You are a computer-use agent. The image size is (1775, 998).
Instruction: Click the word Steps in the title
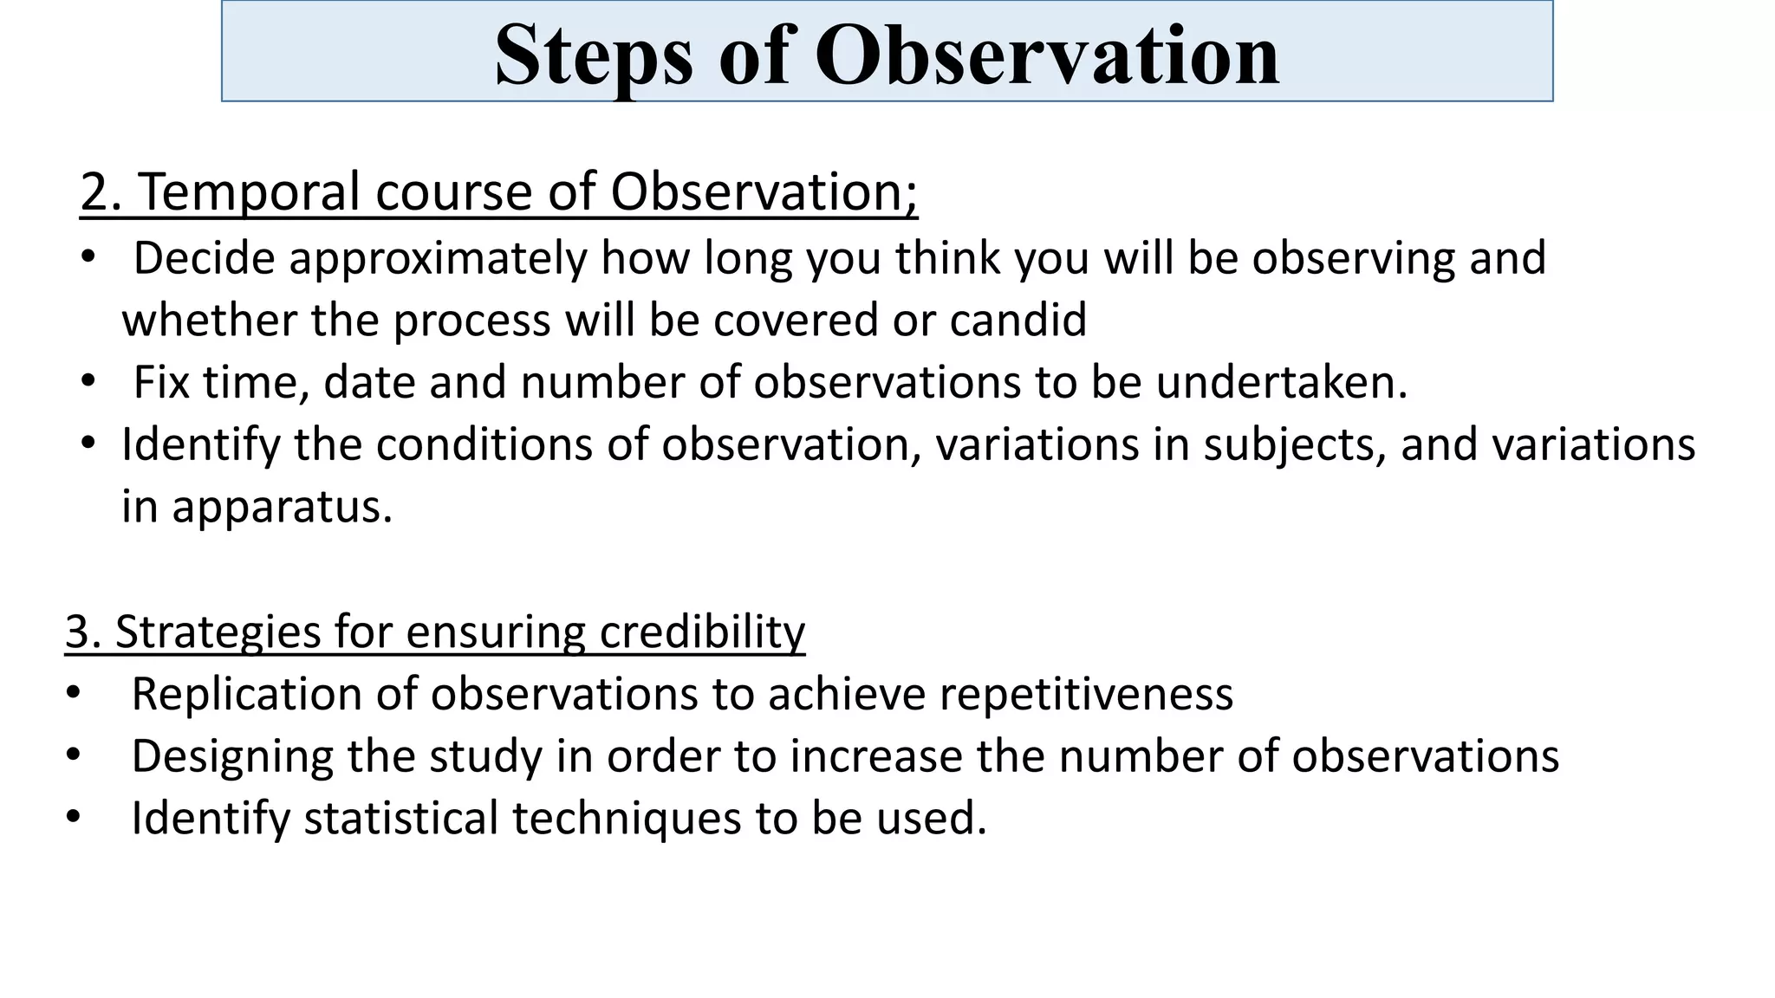tap(594, 56)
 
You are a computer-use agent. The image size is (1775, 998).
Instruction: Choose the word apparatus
tap(282, 507)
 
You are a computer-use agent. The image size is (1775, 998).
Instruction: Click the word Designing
tap(232, 756)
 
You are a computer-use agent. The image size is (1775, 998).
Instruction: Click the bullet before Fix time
tap(88, 381)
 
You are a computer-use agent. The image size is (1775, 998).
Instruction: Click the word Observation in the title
tap(1046, 56)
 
